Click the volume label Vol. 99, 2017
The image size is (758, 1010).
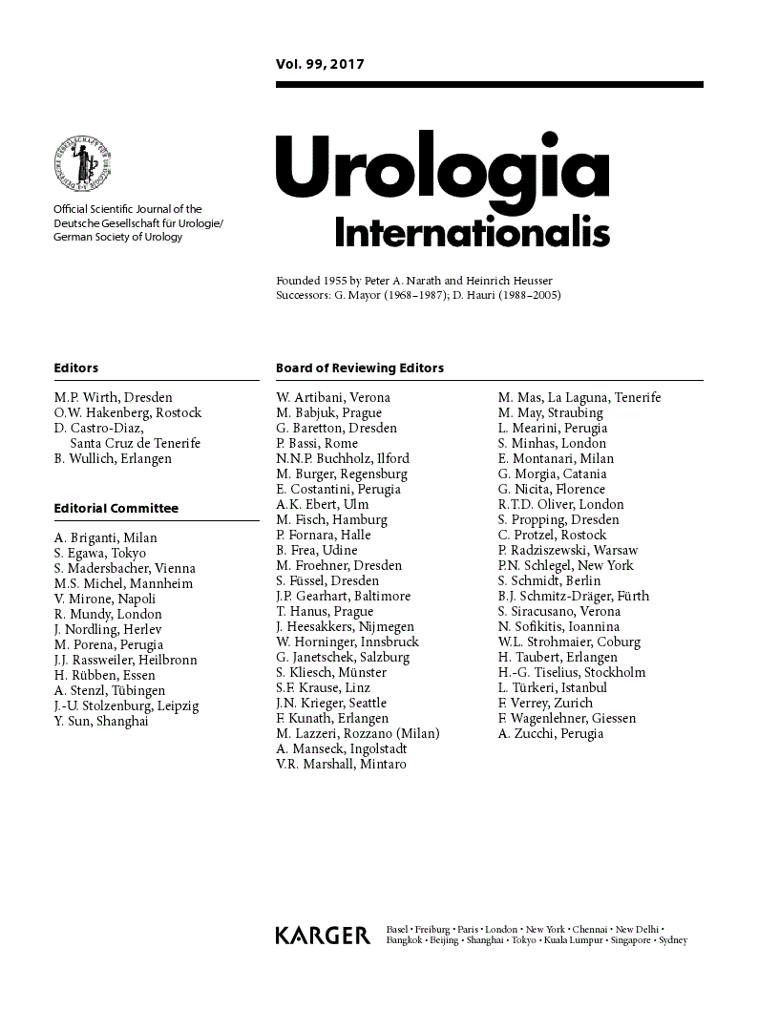pyautogui.click(x=320, y=66)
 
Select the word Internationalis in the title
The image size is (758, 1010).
pyautogui.click(x=472, y=232)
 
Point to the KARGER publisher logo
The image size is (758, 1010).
pyautogui.click(x=322, y=936)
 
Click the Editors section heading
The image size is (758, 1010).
pyautogui.click(x=76, y=368)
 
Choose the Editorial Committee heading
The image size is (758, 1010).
pyautogui.click(x=116, y=508)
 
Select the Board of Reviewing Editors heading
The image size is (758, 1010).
pyautogui.click(x=360, y=368)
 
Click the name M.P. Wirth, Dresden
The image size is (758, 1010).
pyautogui.click(x=114, y=397)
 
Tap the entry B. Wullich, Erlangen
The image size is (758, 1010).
pyautogui.click(x=113, y=458)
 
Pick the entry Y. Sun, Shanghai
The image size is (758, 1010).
pyautogui.click(x=101, y=721)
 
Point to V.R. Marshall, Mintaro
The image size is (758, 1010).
pyautogui.click(x=341, y=764)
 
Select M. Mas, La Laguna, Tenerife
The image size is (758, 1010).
pyautogui.click(x=579, y=397)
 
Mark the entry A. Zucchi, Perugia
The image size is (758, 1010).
pyautogui.click(x=551, y=733)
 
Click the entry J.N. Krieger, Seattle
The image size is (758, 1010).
pyautogui.click(x=331, y=703)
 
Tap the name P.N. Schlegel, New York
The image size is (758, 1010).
pyautogui.click(x=565, y=565)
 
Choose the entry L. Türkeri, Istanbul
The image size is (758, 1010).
pyautogui.click(x=552, y=687)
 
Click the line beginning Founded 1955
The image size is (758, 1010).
pyautogui.click(x=413, y=280)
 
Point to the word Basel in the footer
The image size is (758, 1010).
pyautogui.click(x=397, y=929)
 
